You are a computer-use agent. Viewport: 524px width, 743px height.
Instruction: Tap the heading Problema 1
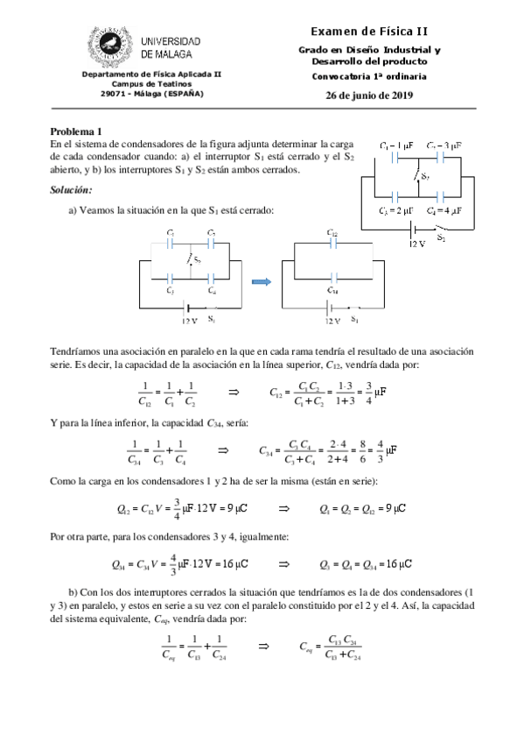tap(76, 131)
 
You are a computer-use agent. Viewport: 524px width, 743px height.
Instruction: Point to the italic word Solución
tap(71, 190)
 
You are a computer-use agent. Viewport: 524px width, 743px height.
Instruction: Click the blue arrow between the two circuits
tap(261, 280)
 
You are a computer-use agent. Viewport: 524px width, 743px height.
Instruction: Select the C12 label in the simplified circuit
tap(332, 233)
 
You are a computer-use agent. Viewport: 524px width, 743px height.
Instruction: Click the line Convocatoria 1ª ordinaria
tap(368, 77)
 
